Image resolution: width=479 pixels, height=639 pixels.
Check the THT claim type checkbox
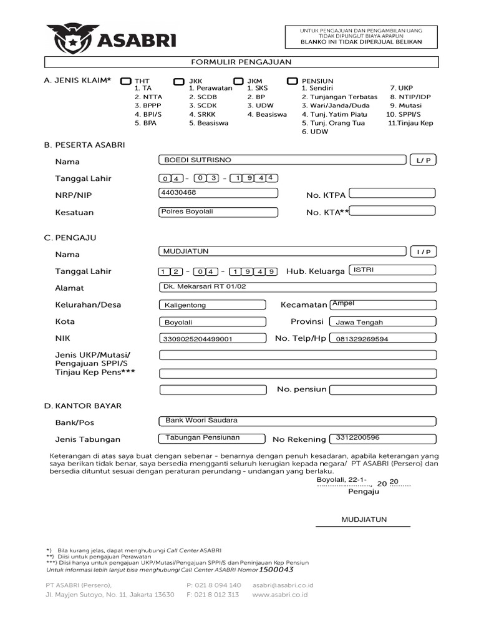tap(126, 81)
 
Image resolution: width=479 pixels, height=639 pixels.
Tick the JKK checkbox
tap(179, 81)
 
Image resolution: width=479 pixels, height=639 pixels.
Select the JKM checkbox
tap(238, 81)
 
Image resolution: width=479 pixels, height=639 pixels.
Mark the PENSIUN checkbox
tap(293, 81)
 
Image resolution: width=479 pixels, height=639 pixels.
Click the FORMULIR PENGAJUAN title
tap(241, 62)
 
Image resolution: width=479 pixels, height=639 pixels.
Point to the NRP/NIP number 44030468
tap(178, 193)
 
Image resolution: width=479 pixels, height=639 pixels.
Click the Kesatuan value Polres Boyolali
tap(187, 212)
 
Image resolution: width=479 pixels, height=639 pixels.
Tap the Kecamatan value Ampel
tap(343, 303)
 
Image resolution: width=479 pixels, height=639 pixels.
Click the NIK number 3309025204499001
tap(197, 339)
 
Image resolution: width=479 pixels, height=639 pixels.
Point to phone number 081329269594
tap(362, 339)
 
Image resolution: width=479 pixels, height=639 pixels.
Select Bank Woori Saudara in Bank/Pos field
tap(201, 421)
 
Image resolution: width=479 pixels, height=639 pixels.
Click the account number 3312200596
tap(357, 437)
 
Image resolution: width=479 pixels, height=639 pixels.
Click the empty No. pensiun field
tap(382, 390)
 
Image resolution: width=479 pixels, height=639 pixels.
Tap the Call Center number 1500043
tap(276, 569)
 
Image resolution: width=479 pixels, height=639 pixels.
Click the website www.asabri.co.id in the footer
tap(280, 595)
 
